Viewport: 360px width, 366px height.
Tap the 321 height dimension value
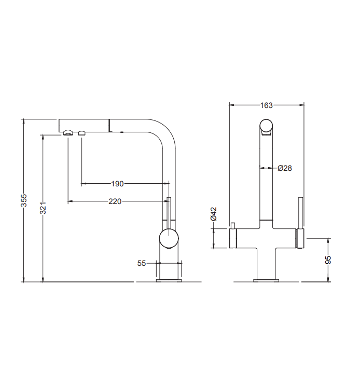point(44,208)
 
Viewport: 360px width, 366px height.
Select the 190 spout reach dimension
point(117,183)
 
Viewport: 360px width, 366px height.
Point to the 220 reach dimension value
point(115,201)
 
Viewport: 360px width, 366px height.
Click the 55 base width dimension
point(141,263)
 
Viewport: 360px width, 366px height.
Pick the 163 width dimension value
point(266,105)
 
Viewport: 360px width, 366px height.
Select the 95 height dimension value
point(328,260)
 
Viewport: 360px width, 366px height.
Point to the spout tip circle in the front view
point(266,126)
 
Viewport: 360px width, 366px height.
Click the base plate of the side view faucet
point(169,281)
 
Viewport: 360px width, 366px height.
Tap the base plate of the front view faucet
point(266,281)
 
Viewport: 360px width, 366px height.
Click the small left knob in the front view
point(233,225)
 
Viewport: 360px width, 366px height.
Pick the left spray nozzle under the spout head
point(67,134)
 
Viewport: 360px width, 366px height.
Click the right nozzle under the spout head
point(81,134)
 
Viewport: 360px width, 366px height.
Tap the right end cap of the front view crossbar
point(299,239)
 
